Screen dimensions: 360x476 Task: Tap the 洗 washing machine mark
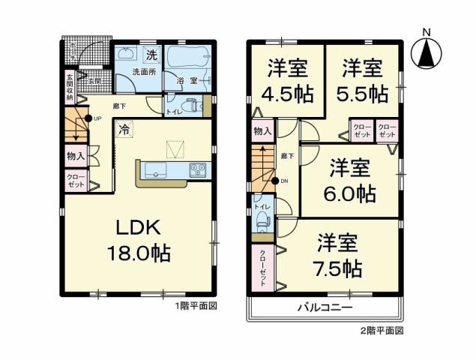click(151, 54)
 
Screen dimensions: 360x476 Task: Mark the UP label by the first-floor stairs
click(97, 118)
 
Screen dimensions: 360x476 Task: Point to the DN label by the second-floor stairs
click(284, 181)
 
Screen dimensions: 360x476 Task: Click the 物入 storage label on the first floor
click(76, 157)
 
